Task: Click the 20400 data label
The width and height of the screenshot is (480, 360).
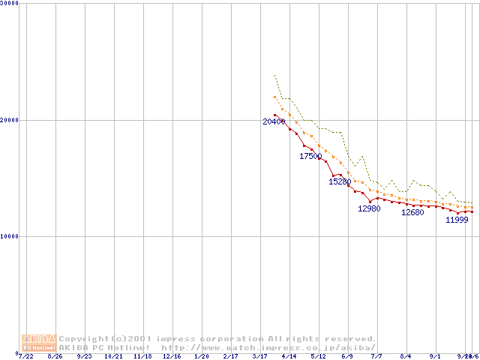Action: (274, 121)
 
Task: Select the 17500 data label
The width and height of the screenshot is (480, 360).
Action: (310, 156)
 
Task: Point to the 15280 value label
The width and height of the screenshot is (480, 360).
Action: (340, 181)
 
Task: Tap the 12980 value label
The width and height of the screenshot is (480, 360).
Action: (369, 208)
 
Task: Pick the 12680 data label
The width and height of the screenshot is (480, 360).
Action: (412, 212)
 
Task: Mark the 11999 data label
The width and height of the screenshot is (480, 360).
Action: (457, 220)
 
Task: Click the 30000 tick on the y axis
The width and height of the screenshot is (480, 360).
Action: (10, 3)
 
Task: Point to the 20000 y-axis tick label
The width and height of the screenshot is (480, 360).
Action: (10, 119)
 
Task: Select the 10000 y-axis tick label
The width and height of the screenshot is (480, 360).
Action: (10, 235)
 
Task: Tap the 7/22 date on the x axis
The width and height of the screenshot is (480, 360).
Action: (25, 356)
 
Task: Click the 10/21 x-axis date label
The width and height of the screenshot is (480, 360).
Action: (113, 356)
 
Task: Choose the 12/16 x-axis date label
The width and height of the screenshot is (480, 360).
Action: (172, 356)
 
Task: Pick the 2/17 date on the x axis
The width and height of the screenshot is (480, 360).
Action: (231, 356)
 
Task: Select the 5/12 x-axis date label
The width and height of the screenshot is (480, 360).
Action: (319, 356)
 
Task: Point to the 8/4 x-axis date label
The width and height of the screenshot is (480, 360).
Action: (406, 356)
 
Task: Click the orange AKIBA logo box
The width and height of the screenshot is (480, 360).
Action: (40, 343)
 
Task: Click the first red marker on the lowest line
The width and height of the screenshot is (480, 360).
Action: (275, 115)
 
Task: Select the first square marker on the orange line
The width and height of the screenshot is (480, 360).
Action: (275, 97)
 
